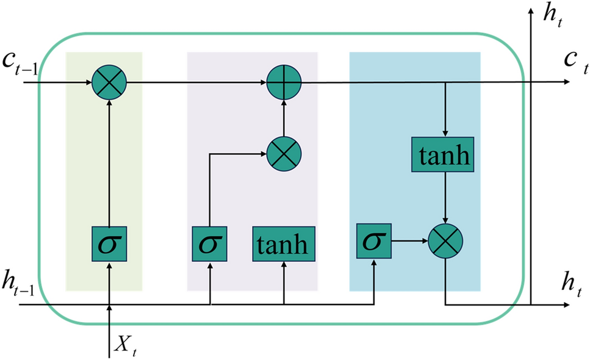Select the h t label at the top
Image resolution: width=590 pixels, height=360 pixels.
(x=554, y=15)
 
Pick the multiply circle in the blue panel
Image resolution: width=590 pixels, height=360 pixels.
(x=446, y=242)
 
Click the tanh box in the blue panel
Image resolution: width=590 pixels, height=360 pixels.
(x=445, y=156)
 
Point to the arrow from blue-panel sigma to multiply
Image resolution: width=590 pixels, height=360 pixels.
(x=409, y=242)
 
